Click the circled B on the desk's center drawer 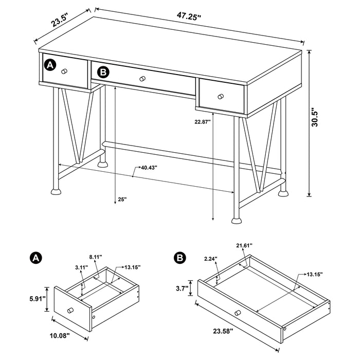click(x=103, y=72)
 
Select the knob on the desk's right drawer click(x=220, y=96)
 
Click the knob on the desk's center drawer click(x=142, y=79)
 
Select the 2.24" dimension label click(x=211, y=259)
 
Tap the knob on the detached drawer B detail click(x=237, y=313)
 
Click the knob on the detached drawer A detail click(x=70, y=310)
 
